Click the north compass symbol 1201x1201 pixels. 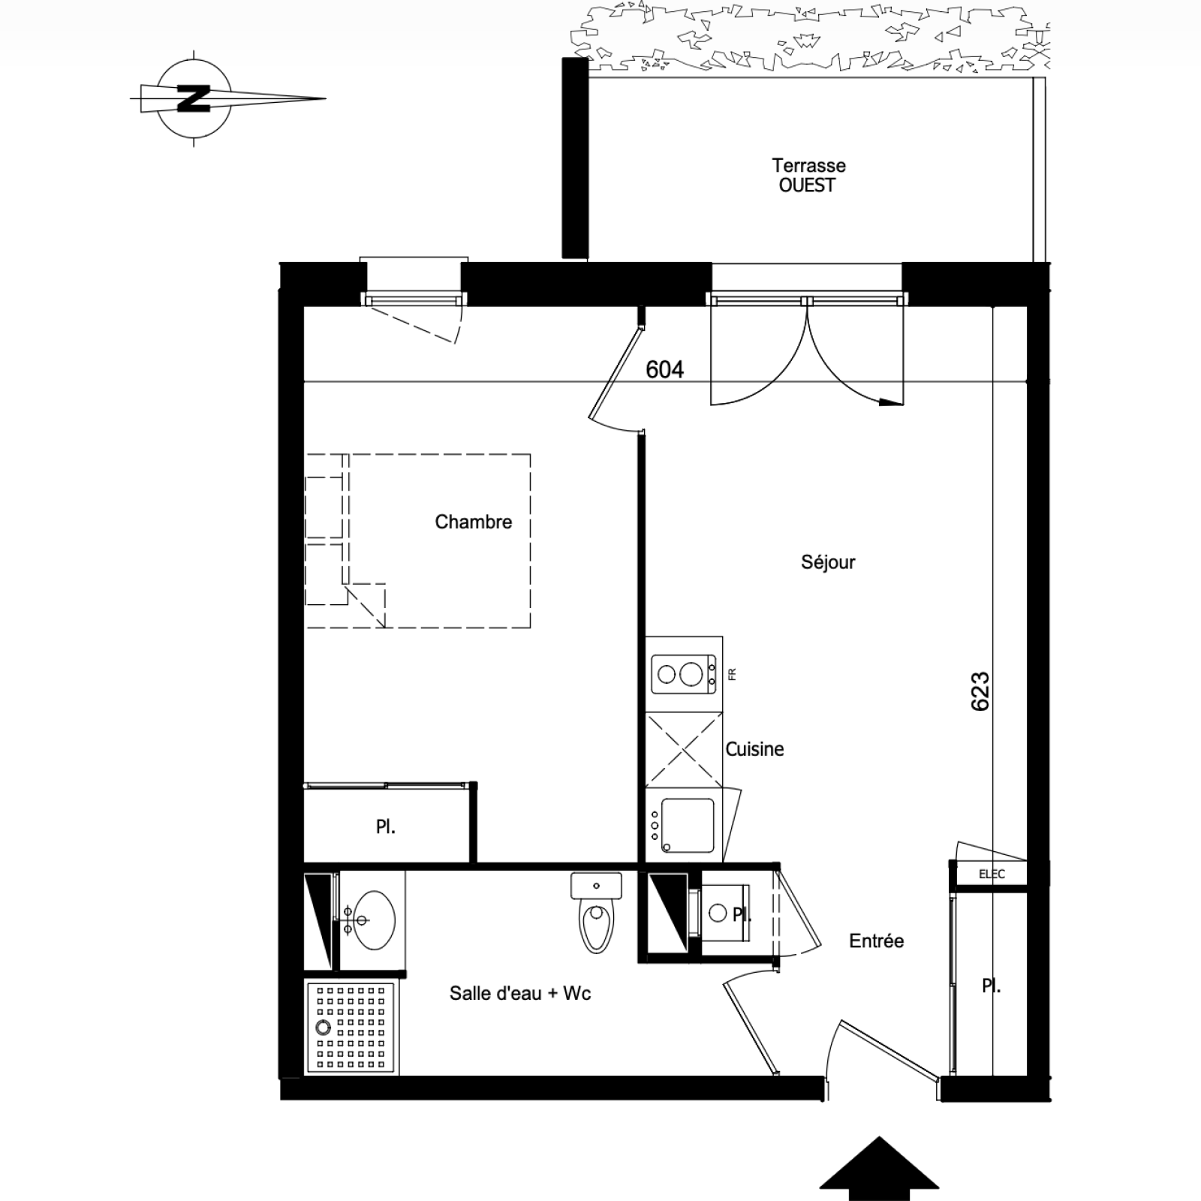tap(194, 98)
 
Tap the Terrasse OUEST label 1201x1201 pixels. tap(808, 175)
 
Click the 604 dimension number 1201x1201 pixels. tap(664, 369)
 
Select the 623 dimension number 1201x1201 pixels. tap(980, 691)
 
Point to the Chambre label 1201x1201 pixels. tap(474, 522)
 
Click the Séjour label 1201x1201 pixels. tap(828, 562)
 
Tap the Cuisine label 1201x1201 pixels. tap(754, 748)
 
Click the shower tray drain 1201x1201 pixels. tap(324, 1028)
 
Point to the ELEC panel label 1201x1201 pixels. tap(992, 874)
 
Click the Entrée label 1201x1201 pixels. tap(877, 941)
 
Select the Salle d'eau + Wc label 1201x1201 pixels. tap(520, 993)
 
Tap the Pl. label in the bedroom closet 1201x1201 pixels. tap(386, 827)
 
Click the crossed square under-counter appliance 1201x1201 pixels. tap(684, 749)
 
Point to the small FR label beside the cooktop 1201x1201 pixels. tap(732, 674)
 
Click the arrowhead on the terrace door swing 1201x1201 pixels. tap(891, 402)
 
